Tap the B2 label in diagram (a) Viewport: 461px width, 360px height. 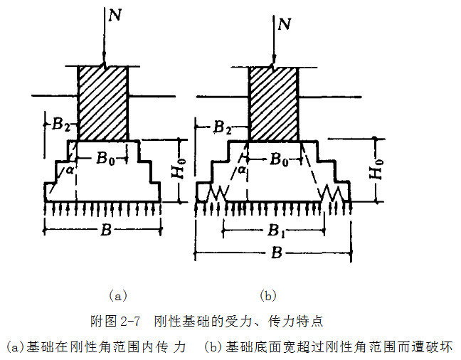coord(61,125)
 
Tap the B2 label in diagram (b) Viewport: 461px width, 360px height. coord(222,128)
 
